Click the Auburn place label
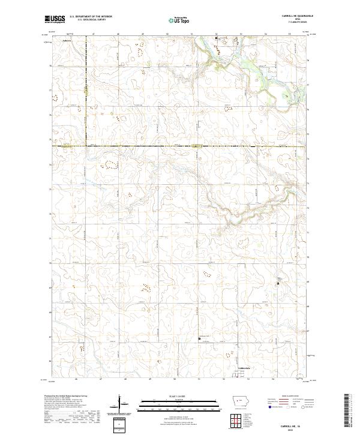click(x=67, y=41)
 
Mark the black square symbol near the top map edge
click(x=217, y=38)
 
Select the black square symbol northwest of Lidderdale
click(x=200, y=339)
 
